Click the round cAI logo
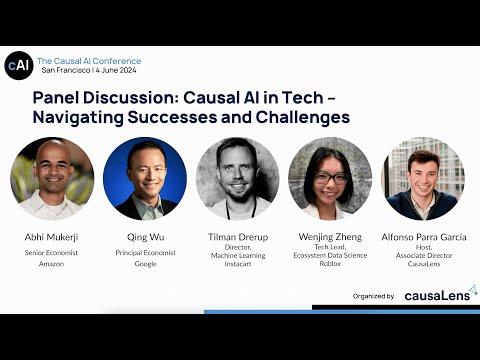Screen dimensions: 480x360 [19, 65]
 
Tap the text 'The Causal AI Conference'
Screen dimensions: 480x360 [89, 61]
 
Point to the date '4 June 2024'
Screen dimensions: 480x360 [116, 70]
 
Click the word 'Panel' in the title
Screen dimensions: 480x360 [56, 98]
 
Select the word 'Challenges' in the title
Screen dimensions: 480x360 [303, 117]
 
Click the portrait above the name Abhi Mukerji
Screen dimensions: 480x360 [52, 179]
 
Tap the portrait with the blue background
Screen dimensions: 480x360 [145, 179]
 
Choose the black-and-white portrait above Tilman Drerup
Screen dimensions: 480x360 [238, 179]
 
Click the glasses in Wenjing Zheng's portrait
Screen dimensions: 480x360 [330, 178]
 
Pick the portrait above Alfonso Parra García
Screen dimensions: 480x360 [423, 179]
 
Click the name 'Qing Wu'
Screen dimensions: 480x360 [146, 237]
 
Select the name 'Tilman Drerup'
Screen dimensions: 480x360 [238, 237]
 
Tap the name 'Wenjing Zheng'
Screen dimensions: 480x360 [330, 237]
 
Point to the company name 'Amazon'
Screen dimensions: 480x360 [51, 264]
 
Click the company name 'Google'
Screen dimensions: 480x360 [146, 264]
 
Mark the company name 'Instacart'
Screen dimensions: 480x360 [238, 264]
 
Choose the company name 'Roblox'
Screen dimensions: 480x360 [330, 263]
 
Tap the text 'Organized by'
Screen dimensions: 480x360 [373, 296]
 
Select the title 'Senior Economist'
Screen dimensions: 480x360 [51, 253]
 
